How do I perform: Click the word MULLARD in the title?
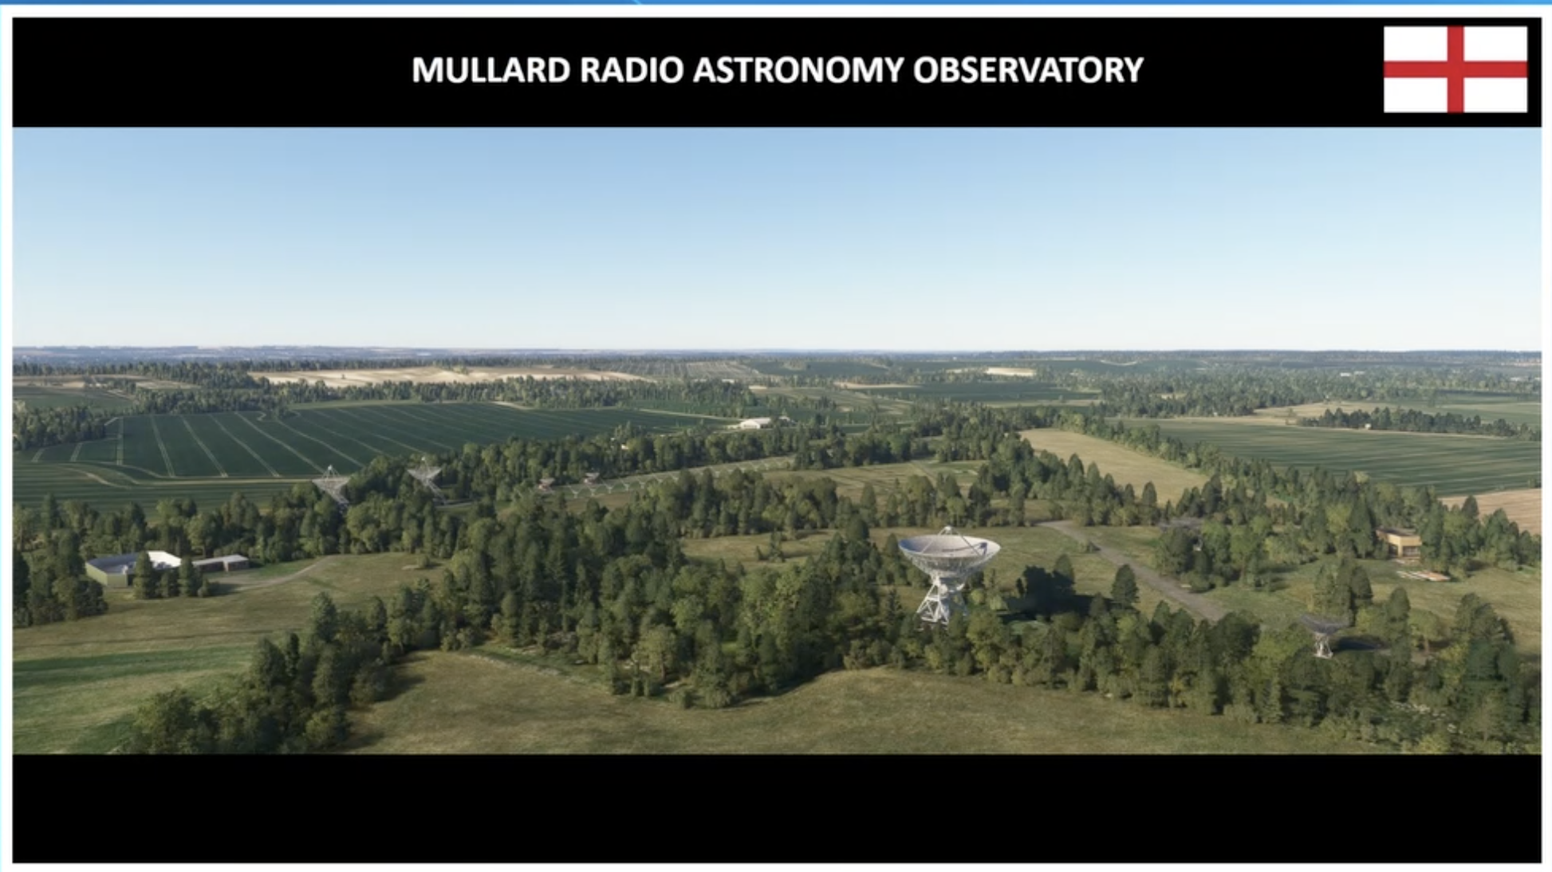pos(490,70)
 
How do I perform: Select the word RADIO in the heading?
pos(632,70)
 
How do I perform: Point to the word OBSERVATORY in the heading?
pos(1028,70)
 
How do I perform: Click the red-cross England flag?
pos(1455,69)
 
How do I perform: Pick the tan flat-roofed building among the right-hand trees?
pos(1400,542)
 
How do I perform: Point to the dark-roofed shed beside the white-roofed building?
pos(220,564)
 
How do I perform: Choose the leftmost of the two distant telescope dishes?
pos(332,485)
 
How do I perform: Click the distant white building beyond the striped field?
pos(754,423)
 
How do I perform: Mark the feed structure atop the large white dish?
pos(947,532)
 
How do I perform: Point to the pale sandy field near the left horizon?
pos(447,375)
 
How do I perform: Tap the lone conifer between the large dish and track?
pos(1124,587)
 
